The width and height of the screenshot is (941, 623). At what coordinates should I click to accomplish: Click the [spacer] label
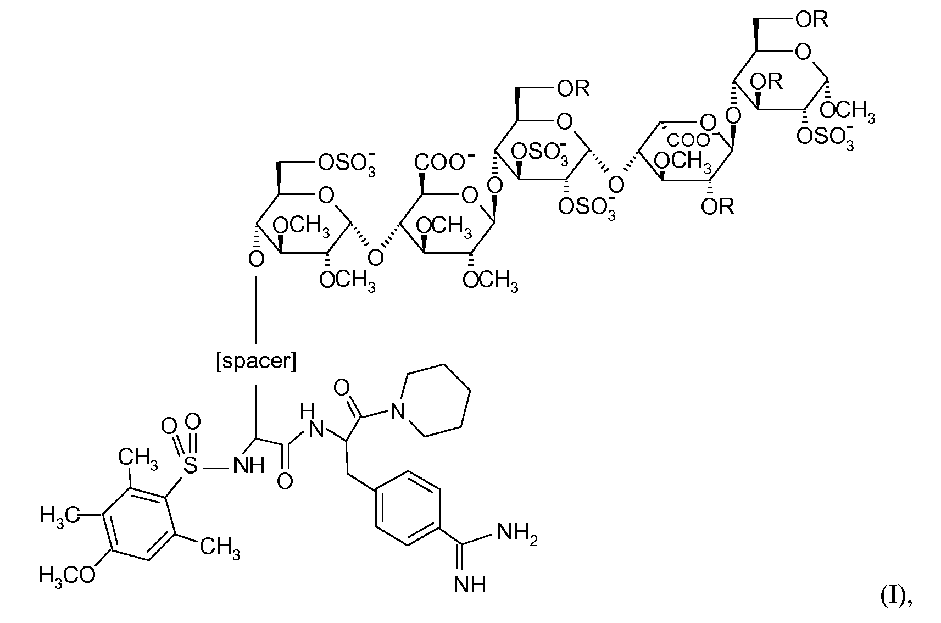point(256,362)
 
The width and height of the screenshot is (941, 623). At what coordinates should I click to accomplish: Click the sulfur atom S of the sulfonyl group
point(190,466)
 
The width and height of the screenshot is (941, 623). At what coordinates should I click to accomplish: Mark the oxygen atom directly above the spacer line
point(256,258)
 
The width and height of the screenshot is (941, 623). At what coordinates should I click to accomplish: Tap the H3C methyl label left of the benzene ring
point(59,515)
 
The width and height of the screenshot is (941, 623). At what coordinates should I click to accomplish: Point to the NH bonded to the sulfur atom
point(248,466)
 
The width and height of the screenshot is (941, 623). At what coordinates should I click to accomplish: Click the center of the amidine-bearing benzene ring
point(408,507)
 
